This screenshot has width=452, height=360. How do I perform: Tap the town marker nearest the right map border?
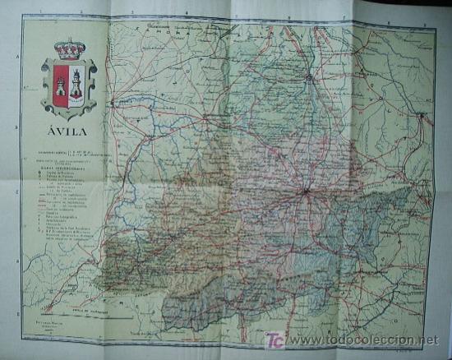[420, 116]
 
